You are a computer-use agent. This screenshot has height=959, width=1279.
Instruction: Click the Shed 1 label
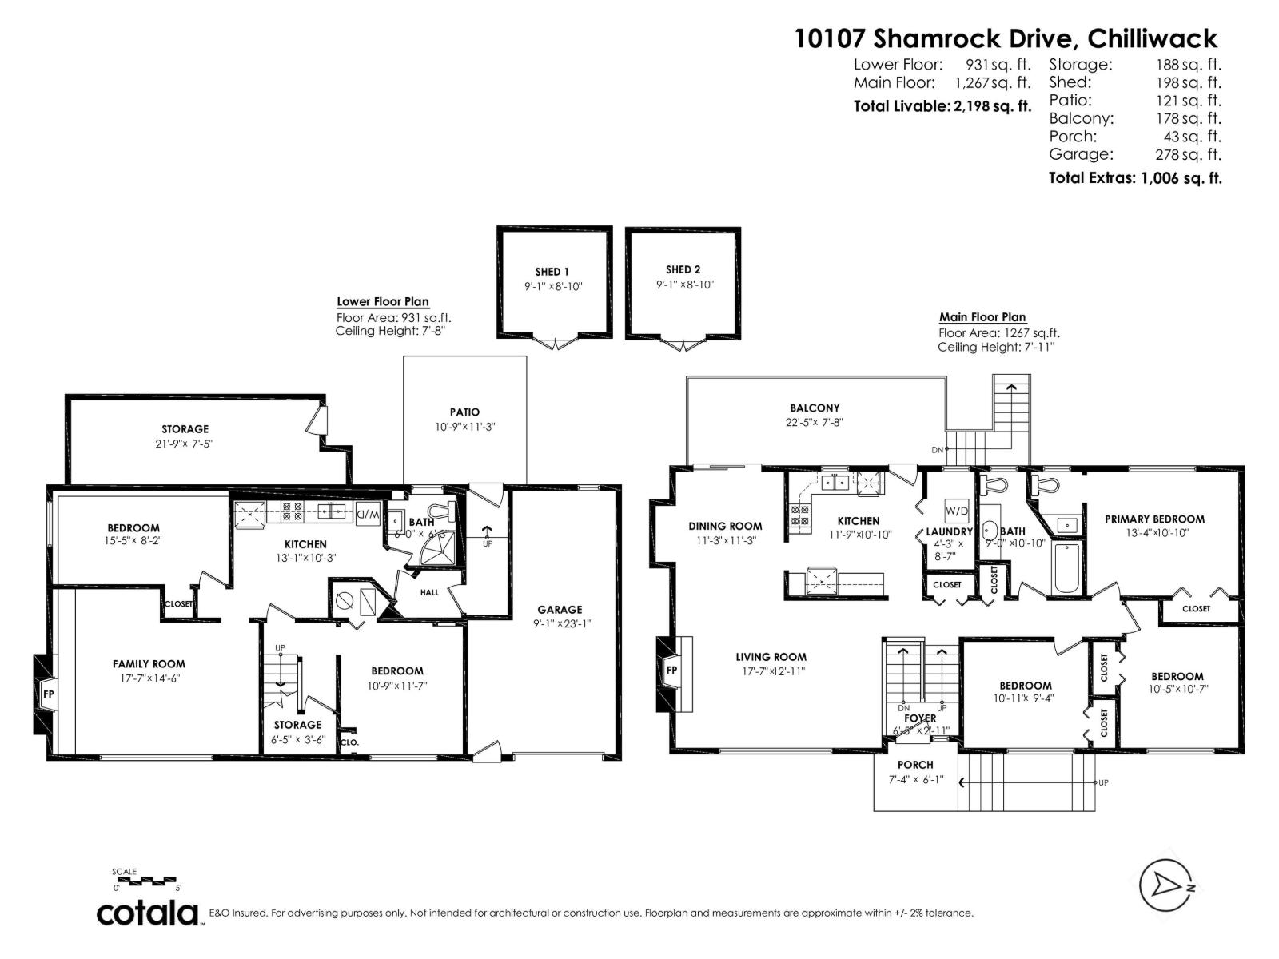pyautogui.click(x=552, y=272)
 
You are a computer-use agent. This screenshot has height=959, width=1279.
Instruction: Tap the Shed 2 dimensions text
pyautogui.click(x=683, y=285)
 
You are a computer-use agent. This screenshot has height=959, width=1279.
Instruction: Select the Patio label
pyautogui.click(x=464, y=412)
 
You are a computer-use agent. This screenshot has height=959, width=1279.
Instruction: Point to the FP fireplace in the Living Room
pyautogui.click(x=671, y=670)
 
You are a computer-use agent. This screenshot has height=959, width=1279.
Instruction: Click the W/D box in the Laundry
pyautogui.click(x=956, y=511)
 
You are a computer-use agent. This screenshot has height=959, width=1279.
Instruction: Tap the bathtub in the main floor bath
pyautogui.click(x=1066, y=568)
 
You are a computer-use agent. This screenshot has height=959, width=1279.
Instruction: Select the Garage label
pyautogui.click(x=560, y=609)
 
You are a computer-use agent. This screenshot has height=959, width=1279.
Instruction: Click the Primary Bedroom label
pyautogui.click(x=1154, y=519)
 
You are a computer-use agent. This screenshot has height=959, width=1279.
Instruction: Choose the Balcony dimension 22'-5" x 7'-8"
pyautogui.click(x=815, y=423)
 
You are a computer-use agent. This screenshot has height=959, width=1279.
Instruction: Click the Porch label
pyautogui.click(x=915, y=765)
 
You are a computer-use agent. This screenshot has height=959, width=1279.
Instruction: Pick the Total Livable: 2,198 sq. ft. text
pyautogui.click(x=942, y=105)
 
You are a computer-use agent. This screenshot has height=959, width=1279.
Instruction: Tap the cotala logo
pyautogui.click(x=148, y=913)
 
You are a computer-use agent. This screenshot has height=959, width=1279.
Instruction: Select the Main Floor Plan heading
pyautogui.click(x=982, y=317)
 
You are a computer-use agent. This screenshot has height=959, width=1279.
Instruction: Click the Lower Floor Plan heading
pyautogui.click(x=382, y=302)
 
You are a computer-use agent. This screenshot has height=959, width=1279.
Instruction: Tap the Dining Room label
pyautogui.click(x=725, y=526)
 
